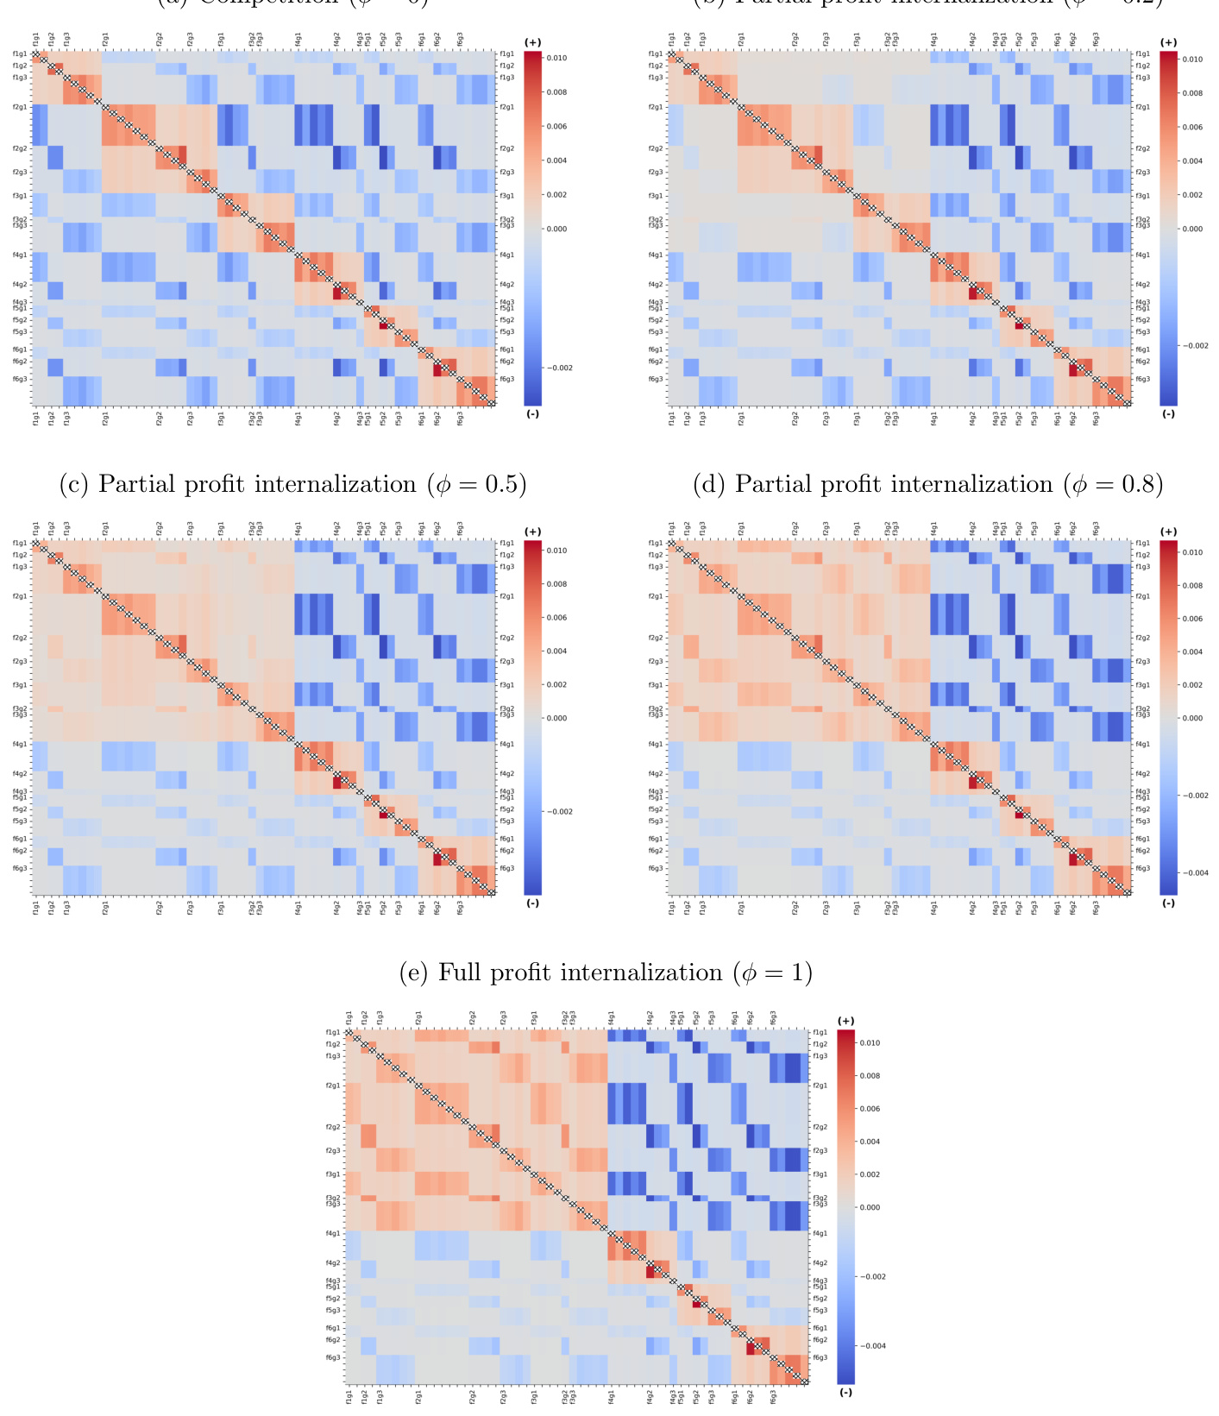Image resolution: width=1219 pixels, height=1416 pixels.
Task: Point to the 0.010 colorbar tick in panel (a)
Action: click(557, 58)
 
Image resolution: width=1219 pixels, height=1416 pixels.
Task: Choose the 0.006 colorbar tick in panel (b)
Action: click(1192, 127)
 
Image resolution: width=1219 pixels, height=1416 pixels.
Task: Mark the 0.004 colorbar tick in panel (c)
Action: click(557, 651)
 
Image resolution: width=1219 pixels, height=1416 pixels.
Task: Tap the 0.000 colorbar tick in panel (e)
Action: click(870, 1207)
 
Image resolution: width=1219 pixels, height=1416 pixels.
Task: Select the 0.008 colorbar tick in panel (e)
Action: click(870, 1076)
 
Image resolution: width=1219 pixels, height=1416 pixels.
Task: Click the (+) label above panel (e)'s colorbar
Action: click(845, 1021)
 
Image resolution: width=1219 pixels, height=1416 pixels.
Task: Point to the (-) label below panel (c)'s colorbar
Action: click(532, 903)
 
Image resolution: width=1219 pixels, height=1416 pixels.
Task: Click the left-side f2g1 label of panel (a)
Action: click(20, 107)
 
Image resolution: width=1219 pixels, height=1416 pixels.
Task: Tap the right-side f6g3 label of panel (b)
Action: click(1143, 379)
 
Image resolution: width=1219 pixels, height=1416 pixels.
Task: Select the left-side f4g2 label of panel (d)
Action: click(656, 774)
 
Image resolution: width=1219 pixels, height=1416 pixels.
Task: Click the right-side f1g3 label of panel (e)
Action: click(820, 1056)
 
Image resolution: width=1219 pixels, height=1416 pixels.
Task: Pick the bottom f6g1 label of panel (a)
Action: click(422, 419)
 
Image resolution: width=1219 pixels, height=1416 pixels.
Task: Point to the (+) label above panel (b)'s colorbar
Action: click(1168, 42)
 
